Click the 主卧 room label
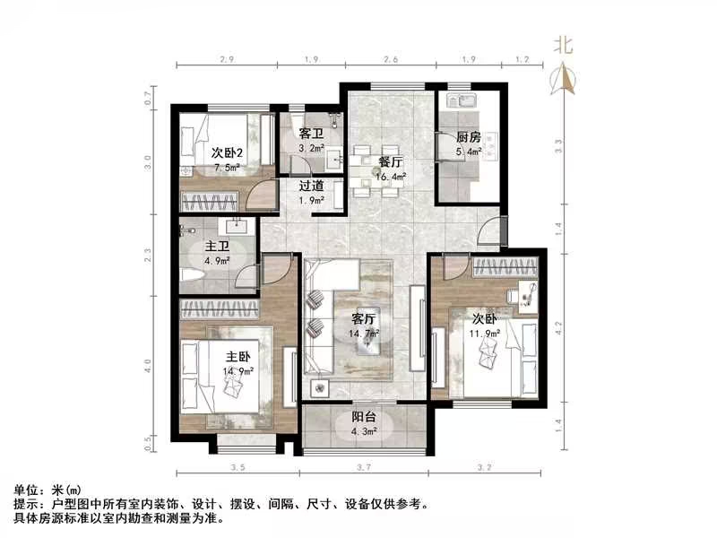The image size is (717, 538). tap(238, 355)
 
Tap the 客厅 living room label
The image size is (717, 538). tap(363, 318)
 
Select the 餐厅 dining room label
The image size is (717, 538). tap(389, 162)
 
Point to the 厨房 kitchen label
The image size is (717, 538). tap(469, 137)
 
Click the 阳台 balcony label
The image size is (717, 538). tap(363, 416)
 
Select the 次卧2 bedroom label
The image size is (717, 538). tap(227, 153)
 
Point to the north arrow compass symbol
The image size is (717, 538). tap(566, 81)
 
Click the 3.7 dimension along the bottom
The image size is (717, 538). tap(363, 468)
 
